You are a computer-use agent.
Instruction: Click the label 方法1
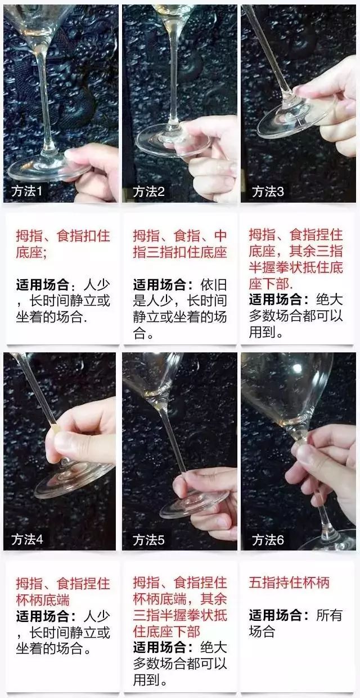point(27,191)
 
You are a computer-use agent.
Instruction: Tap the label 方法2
point(148,191)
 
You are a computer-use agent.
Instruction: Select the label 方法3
point(268,191)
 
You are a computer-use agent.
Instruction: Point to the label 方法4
point(27,540)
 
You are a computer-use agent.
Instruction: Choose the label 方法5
point(148,540)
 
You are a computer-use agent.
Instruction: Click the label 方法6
point(268,540)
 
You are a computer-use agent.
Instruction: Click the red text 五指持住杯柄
point(289,582)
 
